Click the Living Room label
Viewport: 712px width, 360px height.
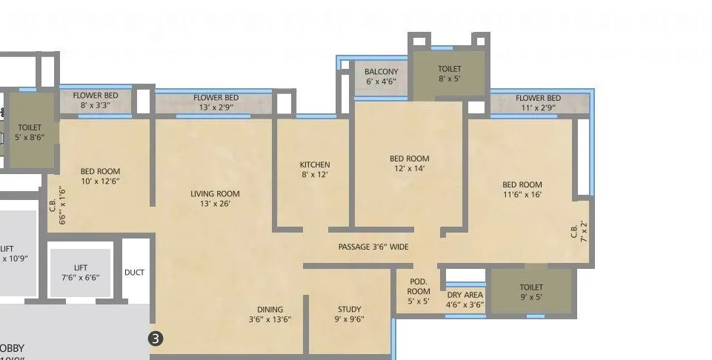coord(215,199)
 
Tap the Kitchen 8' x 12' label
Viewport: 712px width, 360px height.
coord(315,170)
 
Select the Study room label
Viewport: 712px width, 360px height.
coord(350,315)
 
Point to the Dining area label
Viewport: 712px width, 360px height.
coord(270,315)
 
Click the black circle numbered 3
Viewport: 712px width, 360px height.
coord(156,339)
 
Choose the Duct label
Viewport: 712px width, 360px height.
coord(134,273)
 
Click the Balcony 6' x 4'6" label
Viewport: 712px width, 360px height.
coord(382,77)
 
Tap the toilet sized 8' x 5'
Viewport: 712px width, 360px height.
coord(449,73)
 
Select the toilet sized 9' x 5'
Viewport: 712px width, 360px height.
coord(531,292)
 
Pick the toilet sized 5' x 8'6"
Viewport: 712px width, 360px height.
coord(30,133)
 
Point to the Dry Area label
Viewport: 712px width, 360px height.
coord(465,299)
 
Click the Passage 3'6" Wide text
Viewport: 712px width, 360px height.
coord(373,247)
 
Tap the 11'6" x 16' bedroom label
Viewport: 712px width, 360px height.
coord(522,190)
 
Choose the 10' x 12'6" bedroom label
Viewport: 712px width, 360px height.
coord(100,176)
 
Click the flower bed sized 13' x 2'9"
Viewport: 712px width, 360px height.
coord(216,103)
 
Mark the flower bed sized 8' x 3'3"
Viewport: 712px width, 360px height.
coord(96,101)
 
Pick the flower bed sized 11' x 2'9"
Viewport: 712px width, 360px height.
coord(538,103)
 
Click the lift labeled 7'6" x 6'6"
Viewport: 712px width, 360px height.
coord(81,272)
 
